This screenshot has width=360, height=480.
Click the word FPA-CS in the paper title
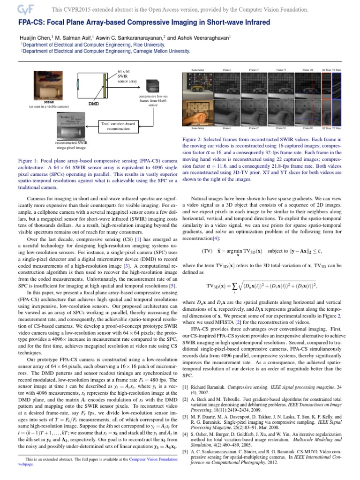point(31,23)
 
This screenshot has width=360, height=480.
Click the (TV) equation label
point(207,250)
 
